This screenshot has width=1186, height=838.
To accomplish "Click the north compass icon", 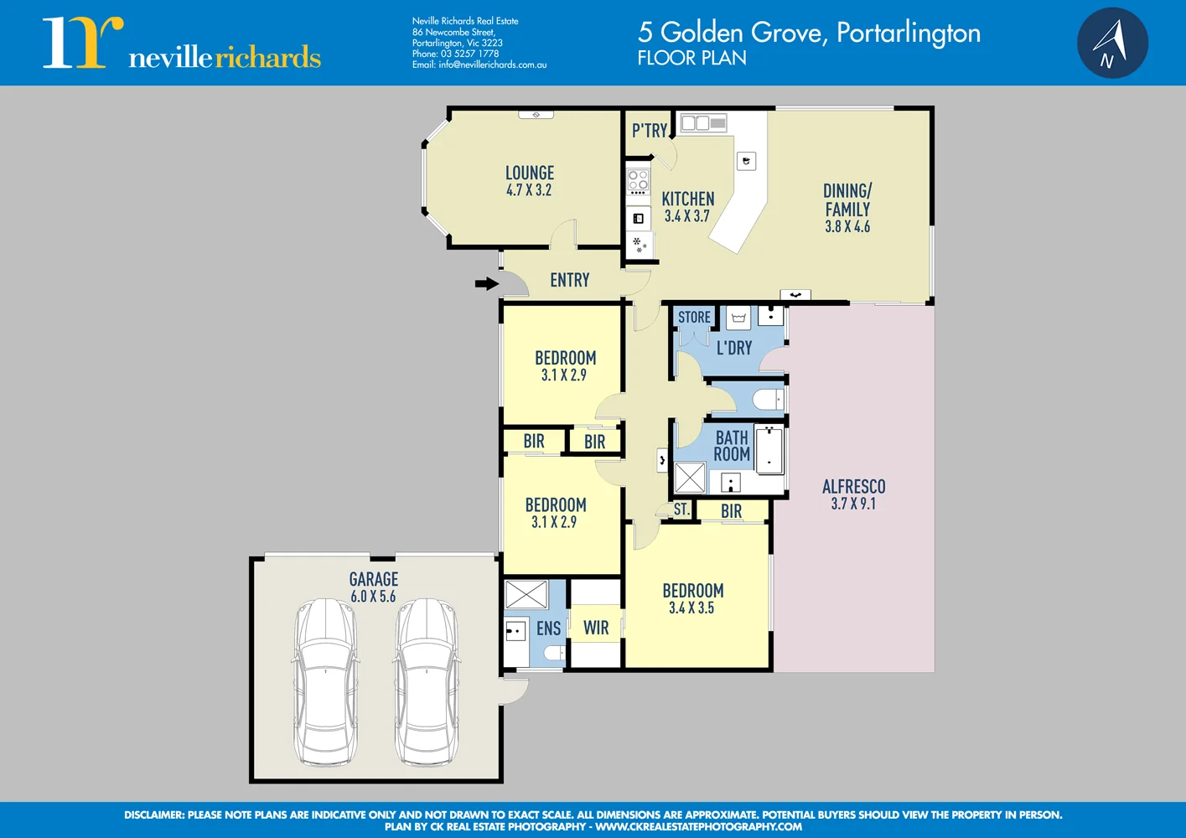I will (x=1112, y=43).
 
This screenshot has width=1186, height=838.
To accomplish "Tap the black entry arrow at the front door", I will (x=486, y=283).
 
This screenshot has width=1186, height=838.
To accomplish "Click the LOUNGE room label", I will (x=530, y=173).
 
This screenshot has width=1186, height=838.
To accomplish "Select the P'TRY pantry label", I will (x=650, y=131).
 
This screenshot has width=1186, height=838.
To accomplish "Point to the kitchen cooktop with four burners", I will (x=638, y=181).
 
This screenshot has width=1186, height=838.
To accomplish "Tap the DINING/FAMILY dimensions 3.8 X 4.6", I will (x=847, y=226).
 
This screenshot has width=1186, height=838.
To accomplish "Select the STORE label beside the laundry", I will (x=694, y=317).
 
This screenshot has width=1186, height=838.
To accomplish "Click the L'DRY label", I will (x=734, y=348).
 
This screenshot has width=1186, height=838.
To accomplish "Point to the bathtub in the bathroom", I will (x=769, y=449).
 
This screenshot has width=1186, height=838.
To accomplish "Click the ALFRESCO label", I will (x=853, y=486).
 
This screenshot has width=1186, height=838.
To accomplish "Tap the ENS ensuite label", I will (x=548, y=628).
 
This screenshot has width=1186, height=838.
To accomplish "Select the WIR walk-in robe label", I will (x=596, y=628).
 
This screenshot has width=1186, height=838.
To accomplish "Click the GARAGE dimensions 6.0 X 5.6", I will (x=373, y=597).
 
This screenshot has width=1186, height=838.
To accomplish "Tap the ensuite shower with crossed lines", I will (x=526, y=594).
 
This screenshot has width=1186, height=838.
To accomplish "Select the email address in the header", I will (x=479, y=65).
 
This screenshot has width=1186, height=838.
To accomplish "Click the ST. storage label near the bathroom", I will (x=681, y=510).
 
